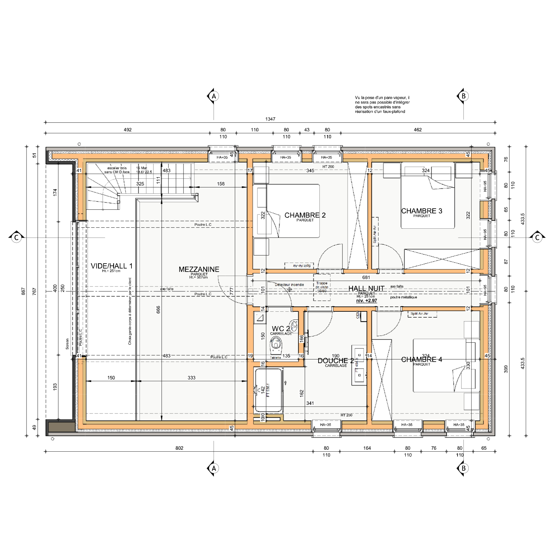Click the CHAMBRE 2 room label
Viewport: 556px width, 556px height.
pyautogui.click(x=305, y=215)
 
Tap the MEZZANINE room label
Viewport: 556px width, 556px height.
pyautogui.click(x=199, y=269)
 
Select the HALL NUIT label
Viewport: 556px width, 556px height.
pyautogui.click(x=366, y=288)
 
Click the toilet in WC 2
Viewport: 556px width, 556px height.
pyautogui.click(x=276, y=346)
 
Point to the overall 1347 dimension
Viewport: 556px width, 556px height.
pyautogui.click(x=270, y=119)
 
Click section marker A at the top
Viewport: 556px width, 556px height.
pyautogui.click(x=214, y=96)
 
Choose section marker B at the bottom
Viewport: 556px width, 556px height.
pyautogui.click(x=463, y=468)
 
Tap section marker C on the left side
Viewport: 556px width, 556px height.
pyautogui.click(x=16, y=237)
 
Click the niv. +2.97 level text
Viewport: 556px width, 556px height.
pyautogui.click(x=366, y=301)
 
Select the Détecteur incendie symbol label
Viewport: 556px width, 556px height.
pyautogui.click(x=289, y=285)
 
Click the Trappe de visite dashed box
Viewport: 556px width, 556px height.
pyautogui.click(x=322, y=287)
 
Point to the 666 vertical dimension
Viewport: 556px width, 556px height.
pyautogui.click(x=158, y=309)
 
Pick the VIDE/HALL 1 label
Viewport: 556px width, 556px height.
pyautogui.click(x=112, y=266)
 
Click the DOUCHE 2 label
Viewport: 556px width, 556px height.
pyautogui.click(x=336, y=361)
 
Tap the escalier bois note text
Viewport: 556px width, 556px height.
pyautogui.click(x=117, y=170)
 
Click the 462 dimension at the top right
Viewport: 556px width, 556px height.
pyautogui.click(x=418, y=130)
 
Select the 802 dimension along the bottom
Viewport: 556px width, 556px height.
pyautogui.click(x=179, y=448)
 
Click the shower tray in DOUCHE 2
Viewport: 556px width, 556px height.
pyautogui.click(x=269, y=390)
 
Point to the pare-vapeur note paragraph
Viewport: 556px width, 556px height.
pyautogui.click(x=382, y=105)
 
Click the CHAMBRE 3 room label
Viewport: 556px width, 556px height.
pyautogui.click(x=422, y=211)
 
